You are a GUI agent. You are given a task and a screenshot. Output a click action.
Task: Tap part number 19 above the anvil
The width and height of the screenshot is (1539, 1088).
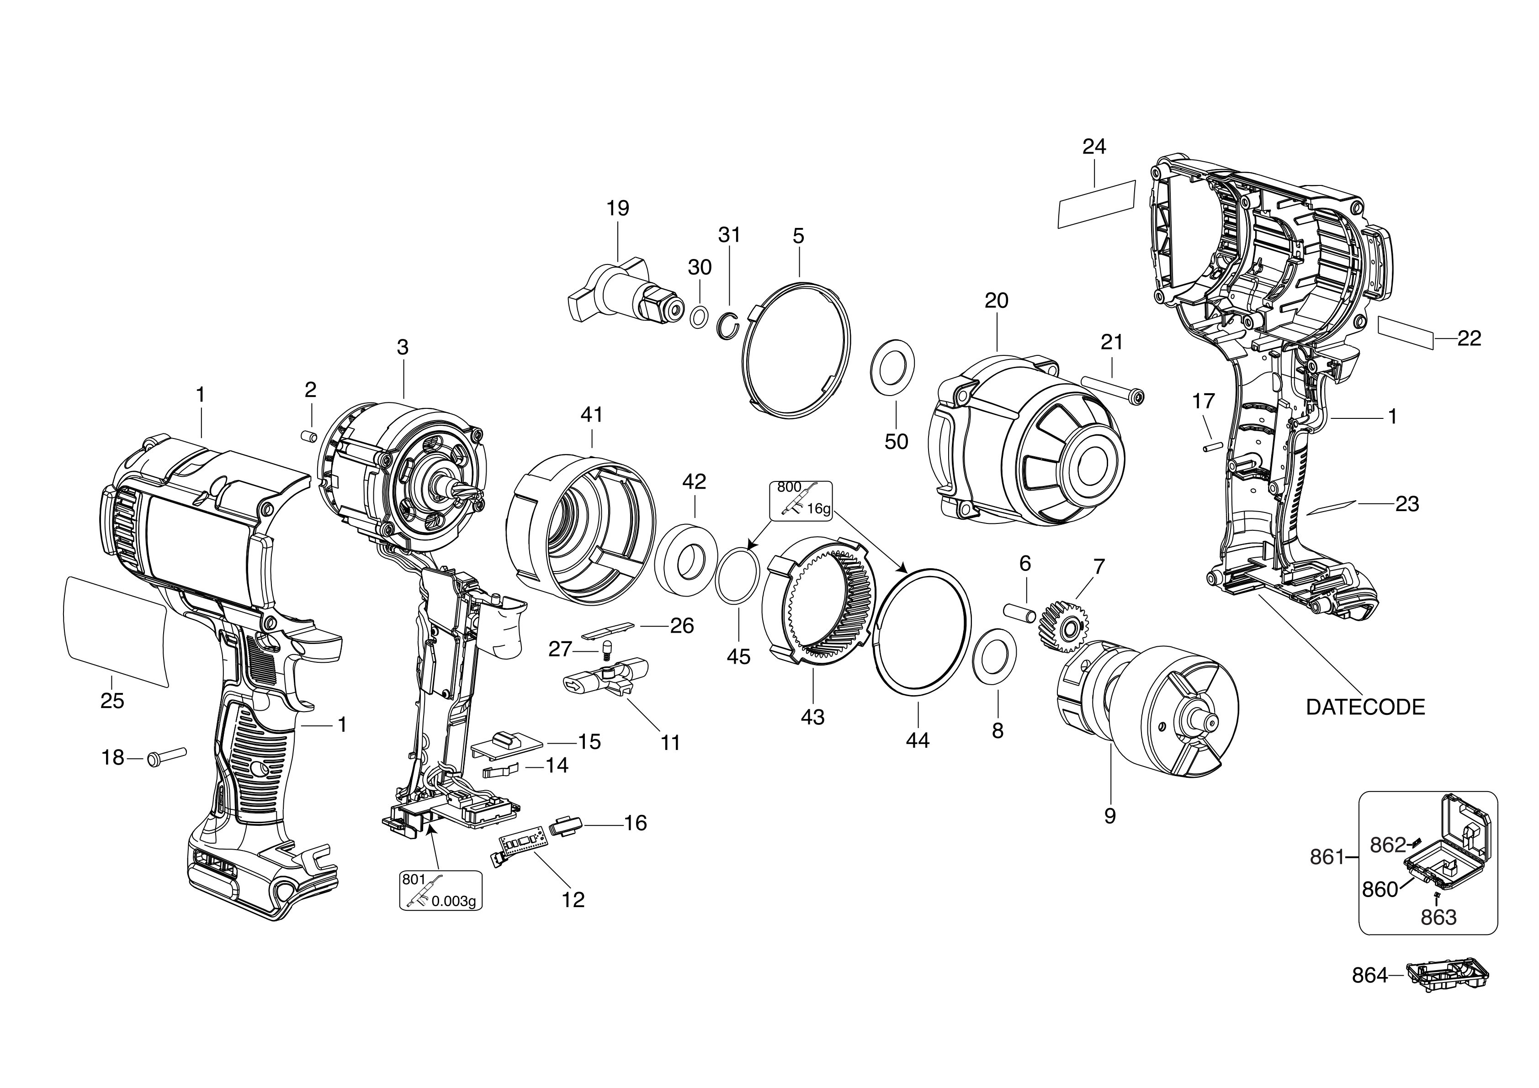click(617, 208)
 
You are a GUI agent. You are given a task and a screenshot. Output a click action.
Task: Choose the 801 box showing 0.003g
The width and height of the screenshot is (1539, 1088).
click(440, 890)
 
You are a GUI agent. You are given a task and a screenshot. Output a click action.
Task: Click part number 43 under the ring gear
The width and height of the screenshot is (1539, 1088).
click(812, 718)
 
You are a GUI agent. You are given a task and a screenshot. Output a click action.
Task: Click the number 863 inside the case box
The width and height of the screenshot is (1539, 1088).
click(1438, 917)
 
